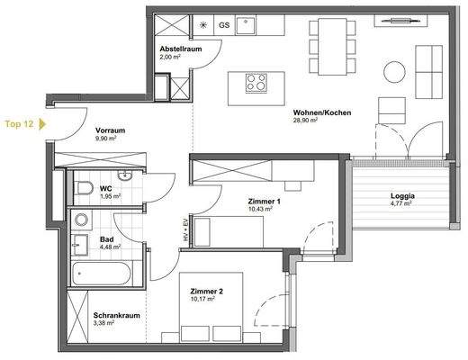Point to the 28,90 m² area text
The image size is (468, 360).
pyautogui.click(x=308, y=121)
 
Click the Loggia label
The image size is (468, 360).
pyautogui.click(x=401, y=195)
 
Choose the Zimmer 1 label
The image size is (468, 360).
pyautogui.click(x=265, y=202)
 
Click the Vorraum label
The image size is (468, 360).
pyautogui.click(x=109, y=131)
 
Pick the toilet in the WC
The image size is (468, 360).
pyautogui.click(x=85, y=187)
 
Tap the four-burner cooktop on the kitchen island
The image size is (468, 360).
pyautogui.click(x=256, y=84)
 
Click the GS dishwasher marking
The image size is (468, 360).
pyautogui.click(x=224, y=25)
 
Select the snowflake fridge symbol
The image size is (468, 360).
pyautogui.click(x=201, y=25)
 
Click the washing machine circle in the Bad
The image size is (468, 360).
pyautogui.click(x=82, y=219)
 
